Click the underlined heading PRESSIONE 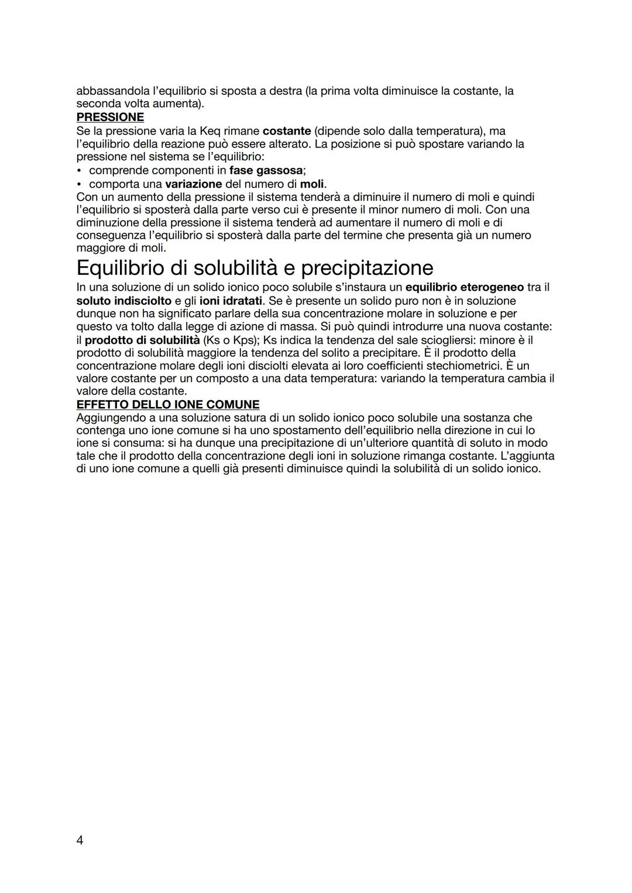point(110,117)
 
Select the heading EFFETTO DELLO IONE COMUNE point(168,405)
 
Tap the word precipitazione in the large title point(367,268)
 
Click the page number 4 point(80,840)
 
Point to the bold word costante point(287,130)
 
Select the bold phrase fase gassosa point(266,170)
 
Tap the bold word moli point(312,184)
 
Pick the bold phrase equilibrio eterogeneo point(464,287)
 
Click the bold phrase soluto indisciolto point(124,301)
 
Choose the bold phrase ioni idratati point(231,301)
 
